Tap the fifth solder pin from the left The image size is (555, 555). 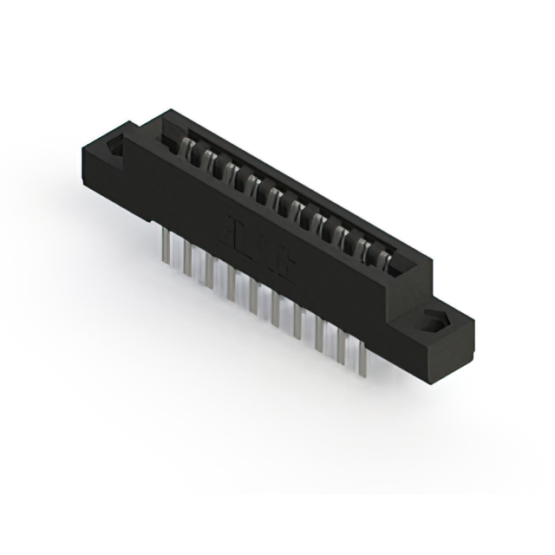pyautogui.click(x=254, y=299)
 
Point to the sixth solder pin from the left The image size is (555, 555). pyautogui.click(x=276, y=310)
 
